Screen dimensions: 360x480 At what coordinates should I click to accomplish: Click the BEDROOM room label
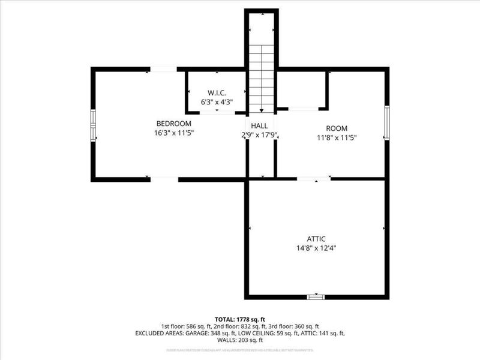[x=173, y=124]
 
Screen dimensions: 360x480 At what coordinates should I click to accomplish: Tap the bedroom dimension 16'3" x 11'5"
[x=173, y=133]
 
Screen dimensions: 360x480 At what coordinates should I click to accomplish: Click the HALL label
[x=259, y=125]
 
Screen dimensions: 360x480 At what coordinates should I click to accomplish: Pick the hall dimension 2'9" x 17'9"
[x=259, y=135]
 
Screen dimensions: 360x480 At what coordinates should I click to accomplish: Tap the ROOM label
[x=337, y=128]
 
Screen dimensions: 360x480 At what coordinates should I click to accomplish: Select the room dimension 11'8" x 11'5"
[x=337, y=138]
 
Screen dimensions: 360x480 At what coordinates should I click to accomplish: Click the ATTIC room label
[x=316, y=239]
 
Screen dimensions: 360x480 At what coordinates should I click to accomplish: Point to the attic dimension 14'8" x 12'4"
[x=316, y=248]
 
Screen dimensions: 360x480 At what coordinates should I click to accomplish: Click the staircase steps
[x=261, y=78]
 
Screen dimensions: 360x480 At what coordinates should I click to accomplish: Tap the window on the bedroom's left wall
[x=93, y=125]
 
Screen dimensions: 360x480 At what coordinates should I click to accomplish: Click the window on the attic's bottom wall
[x=316, y=296]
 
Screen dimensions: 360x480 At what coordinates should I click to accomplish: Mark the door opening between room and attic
[x=314, y=179]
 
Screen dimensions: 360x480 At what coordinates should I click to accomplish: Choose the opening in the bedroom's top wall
[x=163, y=70]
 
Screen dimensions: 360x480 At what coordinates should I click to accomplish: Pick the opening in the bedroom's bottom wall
[x=164, y=179]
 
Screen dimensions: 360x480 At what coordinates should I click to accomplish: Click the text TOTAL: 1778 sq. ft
[x=240, y=319]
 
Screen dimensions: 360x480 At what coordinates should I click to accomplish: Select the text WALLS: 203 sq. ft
[x=240, y=340]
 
